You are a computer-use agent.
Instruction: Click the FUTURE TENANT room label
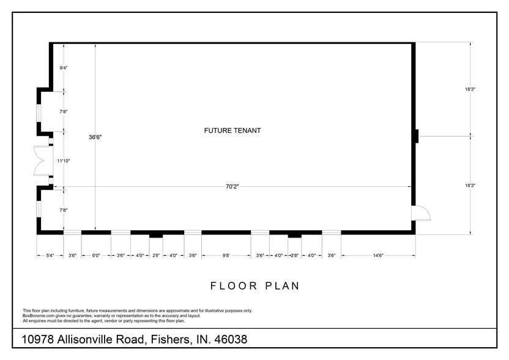pyautogui.click(x=232, y=130)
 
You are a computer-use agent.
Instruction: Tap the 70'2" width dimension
pyautogui.click(x=232, y=187)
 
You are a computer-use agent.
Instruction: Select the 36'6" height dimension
pyautogui.click(x=95, y=138)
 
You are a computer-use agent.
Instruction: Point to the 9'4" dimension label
pyautogui.click(x=63, y=68)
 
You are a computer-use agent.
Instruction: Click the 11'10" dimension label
pyautogui.click(x=64, y=161)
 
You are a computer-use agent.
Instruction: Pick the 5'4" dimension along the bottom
pyautogui.click(x=50, y=255)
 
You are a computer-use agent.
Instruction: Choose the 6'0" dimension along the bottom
pyautogui.click(x=96, y=255)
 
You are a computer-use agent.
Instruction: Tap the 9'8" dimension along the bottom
pyautogui.click(x=226, y=255)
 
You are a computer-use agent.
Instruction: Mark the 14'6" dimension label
pyautogui.click(x=377, y=255)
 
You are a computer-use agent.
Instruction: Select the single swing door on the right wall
pyautogui.click(x=422, y=212)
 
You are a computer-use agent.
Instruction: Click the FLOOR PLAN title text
pyautogui.click(x=254, y=286)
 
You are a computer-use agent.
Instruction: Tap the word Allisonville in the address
pyautogui.click(x=103, y=339)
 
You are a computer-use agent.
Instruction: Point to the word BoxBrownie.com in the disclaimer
pyautogui.click(x=37, y=316)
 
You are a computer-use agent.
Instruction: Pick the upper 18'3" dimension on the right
pyautogui.click(x=470, y=89)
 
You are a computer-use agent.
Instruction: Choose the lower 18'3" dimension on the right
pyautogui.click(x=470, y=186)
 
